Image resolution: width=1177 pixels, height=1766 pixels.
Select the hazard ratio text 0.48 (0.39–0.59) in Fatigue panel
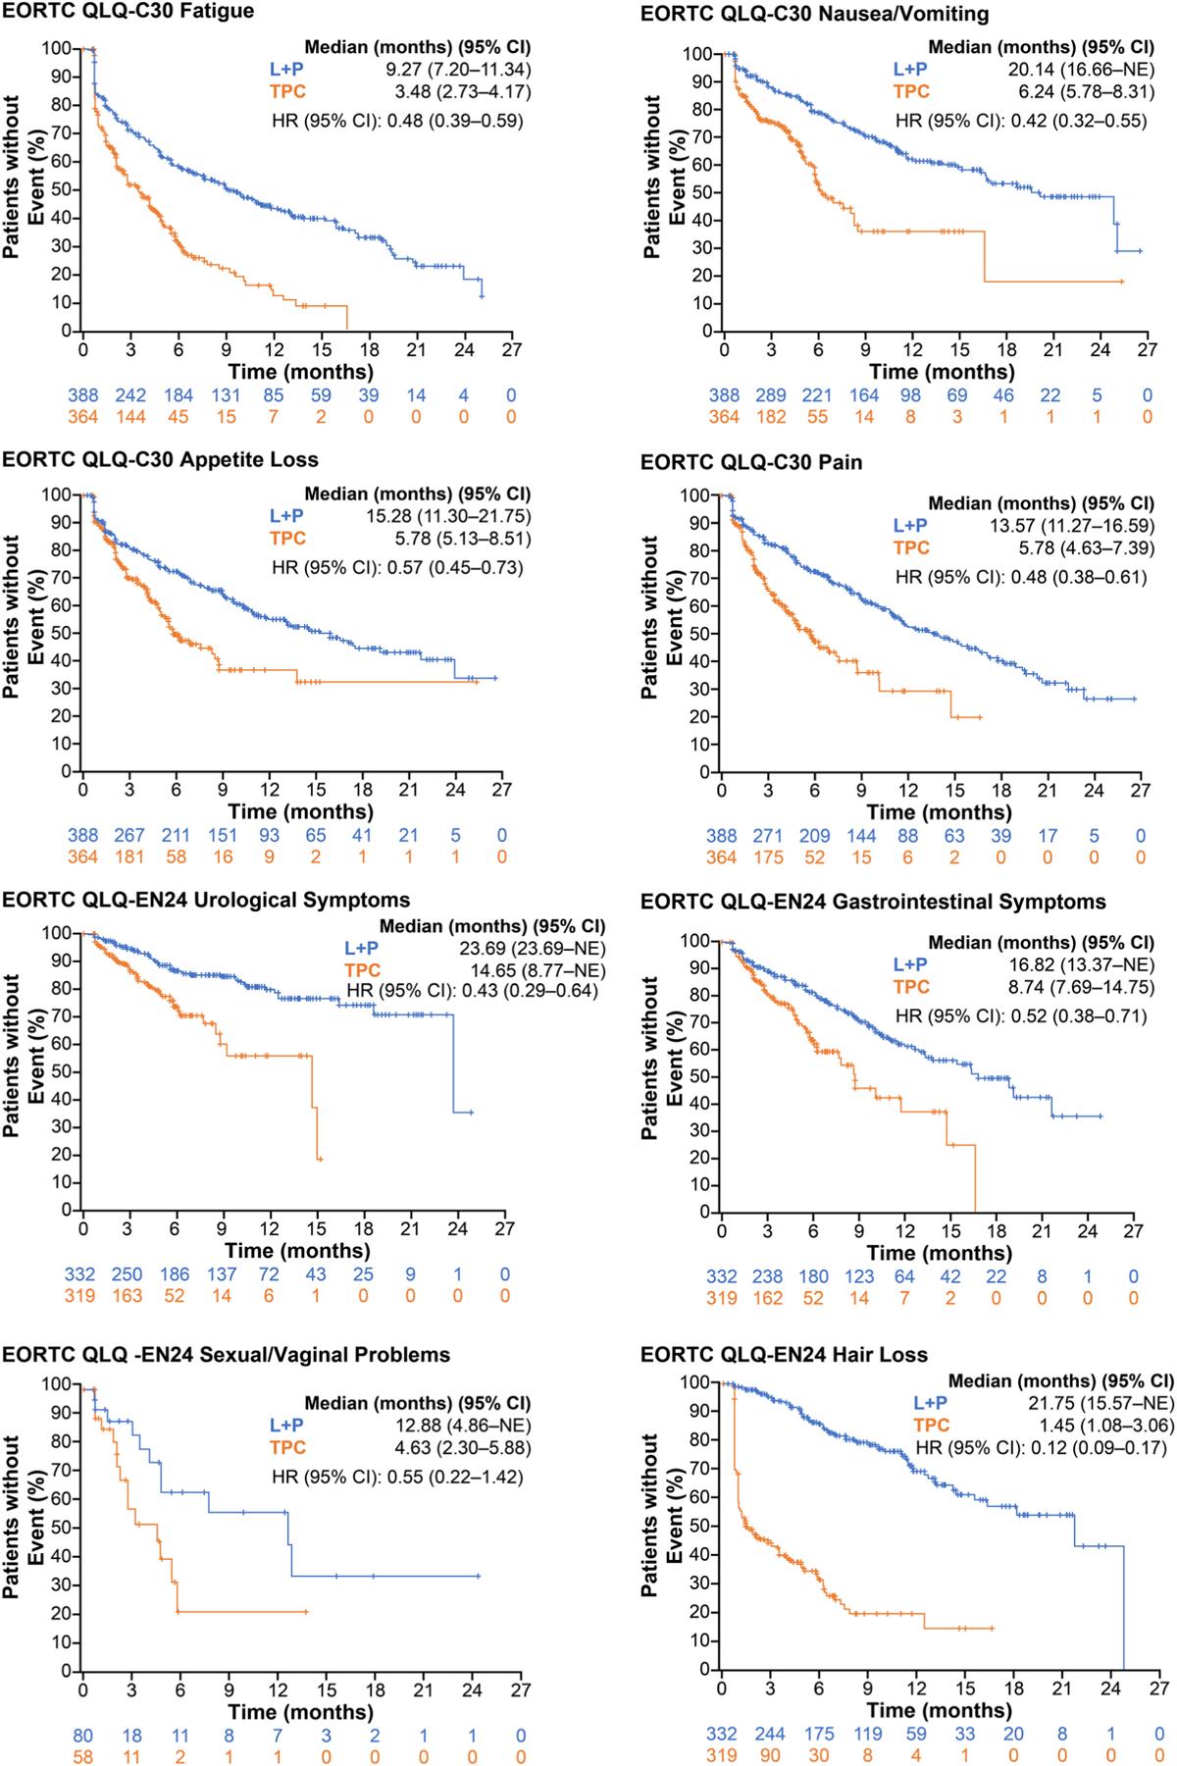tap(397, 122)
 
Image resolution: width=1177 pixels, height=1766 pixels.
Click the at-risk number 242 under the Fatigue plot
tap(130, 395)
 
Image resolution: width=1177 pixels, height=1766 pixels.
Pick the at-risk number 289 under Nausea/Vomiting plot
tap(772, 395)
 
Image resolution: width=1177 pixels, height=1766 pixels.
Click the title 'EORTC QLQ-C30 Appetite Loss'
tap(160, 459)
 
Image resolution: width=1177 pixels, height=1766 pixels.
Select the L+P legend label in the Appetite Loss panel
tap(287, 516)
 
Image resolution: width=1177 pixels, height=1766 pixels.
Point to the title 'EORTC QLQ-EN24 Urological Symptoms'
tap(206, 900)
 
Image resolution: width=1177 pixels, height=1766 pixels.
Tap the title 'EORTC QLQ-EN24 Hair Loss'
tap(784, 1355)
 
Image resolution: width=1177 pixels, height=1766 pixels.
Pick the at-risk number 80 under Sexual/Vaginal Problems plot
tap(83, 1737)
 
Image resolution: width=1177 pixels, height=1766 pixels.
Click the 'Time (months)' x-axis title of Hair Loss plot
tap(940, 1711)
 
